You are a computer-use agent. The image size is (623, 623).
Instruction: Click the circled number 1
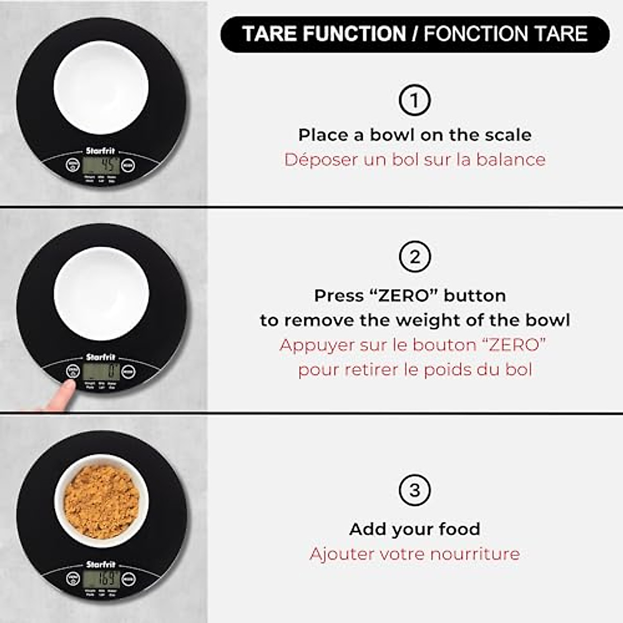pyautogui.click(x=414, y=100)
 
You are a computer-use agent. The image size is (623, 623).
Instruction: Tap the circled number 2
pyautogui.click(x=414, y=257)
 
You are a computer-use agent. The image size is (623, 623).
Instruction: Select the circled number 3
pyautogui.click(x=414, y=490)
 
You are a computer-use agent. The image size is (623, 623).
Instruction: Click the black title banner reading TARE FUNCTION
pyautogui.click(x=414, y=34)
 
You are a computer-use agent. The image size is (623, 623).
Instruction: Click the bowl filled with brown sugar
pyautogui.click(x=101, y=502)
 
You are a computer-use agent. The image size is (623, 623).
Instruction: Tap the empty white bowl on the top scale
pyautogui.click(x=101, y=87)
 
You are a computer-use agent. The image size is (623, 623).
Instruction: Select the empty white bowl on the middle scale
pyautogui.click(x=101, y=293)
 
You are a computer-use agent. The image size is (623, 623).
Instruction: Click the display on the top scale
pyautogui.click(x=101, y=165)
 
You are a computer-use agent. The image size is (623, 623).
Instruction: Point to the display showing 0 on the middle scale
pyautogui.click(x=101, y=371)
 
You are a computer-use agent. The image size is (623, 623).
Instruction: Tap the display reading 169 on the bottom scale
pyautogui.click(x=101, y=578)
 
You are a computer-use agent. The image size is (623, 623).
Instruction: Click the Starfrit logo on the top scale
pyautogui.click(x=101, y=151)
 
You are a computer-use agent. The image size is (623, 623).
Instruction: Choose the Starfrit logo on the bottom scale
pyautogui.click(x=101, y=564)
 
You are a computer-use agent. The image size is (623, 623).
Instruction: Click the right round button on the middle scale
pyautogui.click(x=128, y=371)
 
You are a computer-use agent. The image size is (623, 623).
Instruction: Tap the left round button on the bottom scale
pyautogui.click(x=73, y=578)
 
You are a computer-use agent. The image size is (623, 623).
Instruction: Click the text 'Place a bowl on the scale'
pyautogui.click(x=414, y=135)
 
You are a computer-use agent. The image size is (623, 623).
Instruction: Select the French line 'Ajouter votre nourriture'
pyautogui.click(x=414, y=554)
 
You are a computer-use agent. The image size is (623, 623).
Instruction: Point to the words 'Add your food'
pyautogui.click(x=414, y=529)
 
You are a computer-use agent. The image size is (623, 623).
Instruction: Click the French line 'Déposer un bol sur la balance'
pyautogui.click(x=414, y=159)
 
